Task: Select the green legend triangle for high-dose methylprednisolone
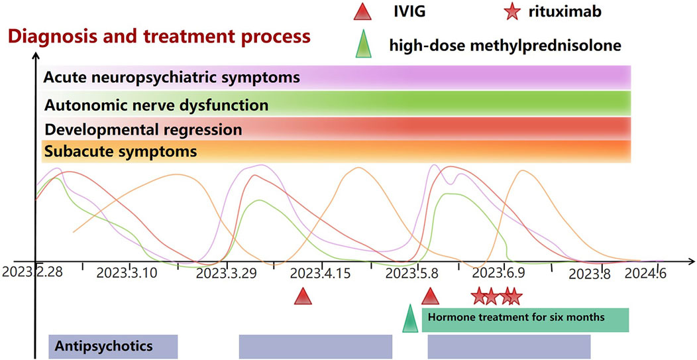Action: point(362,46)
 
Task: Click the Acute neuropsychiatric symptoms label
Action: point(172,78)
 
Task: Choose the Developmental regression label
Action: point(142,129)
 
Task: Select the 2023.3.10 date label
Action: point(127,273)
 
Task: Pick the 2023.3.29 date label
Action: point(226,273)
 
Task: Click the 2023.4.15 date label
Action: point(323,273)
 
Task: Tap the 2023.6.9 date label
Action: point(498,273)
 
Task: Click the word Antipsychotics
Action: point(105,345)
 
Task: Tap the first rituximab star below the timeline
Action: point(478,296)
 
